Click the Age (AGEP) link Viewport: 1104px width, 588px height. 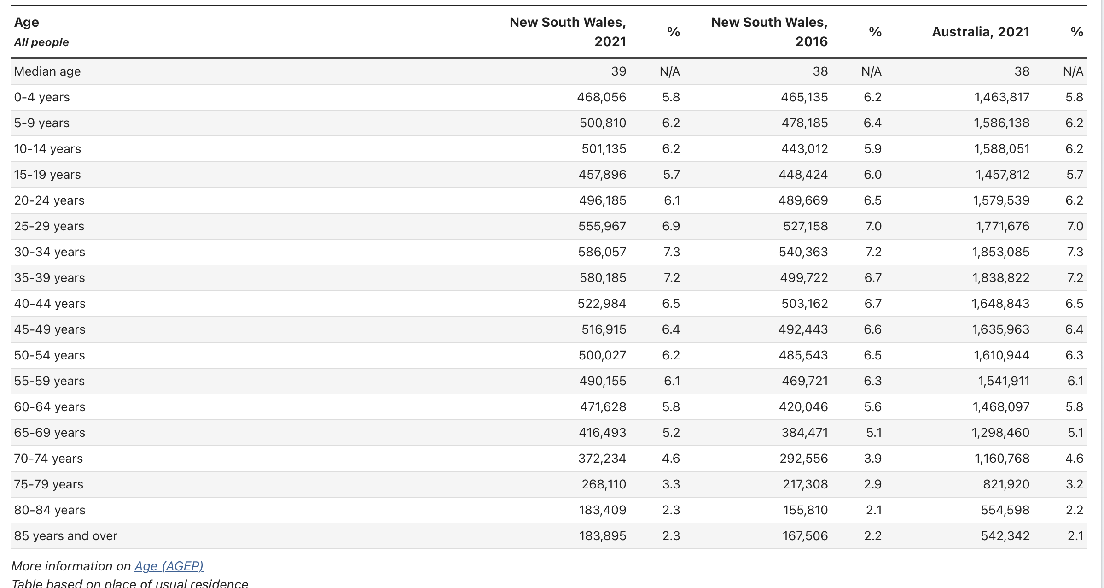[169, 566]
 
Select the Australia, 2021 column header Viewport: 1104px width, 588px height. [981, 32]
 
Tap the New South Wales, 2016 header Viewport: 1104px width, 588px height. [769, 32]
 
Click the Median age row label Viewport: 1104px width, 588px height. [47, 71]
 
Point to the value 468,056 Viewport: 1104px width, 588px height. [601, 97]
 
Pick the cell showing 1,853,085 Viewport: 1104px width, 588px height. [1000, 252]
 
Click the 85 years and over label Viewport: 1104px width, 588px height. [66, 536]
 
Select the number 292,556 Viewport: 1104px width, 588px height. [803, 459]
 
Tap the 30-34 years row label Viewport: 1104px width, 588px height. [50, 252]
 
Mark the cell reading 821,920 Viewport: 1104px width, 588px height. [1006, 484]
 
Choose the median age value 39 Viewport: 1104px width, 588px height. [618, 71]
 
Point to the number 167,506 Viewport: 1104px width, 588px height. [805, 536]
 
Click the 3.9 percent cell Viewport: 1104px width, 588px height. [872, 459]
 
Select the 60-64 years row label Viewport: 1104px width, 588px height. [50, 407]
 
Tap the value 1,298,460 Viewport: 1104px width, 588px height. [1000, 433]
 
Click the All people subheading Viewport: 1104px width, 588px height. [41, 42]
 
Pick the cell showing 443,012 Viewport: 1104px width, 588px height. [804, 149]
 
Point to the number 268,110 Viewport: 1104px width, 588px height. [604, 484]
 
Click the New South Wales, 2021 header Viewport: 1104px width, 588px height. [568, 32]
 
